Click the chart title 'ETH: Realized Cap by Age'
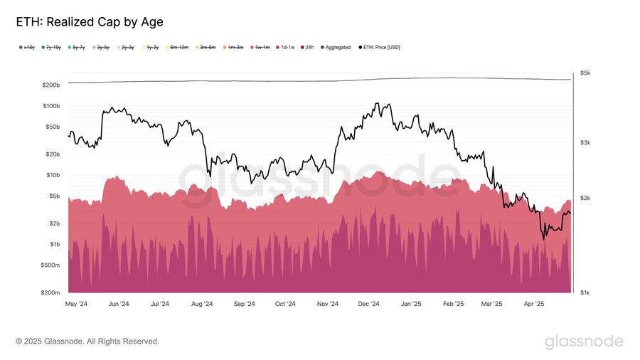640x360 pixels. [90, 22]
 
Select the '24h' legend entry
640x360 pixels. [310, 48]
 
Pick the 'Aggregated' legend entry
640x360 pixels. [338, 48]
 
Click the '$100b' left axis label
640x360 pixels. [50, 106]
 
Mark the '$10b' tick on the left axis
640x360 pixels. [53, 175]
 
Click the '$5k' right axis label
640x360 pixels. [585, 73]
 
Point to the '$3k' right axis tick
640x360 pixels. [585, 143]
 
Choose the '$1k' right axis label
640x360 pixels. [585, 292]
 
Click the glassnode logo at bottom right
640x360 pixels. [584, 342]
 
